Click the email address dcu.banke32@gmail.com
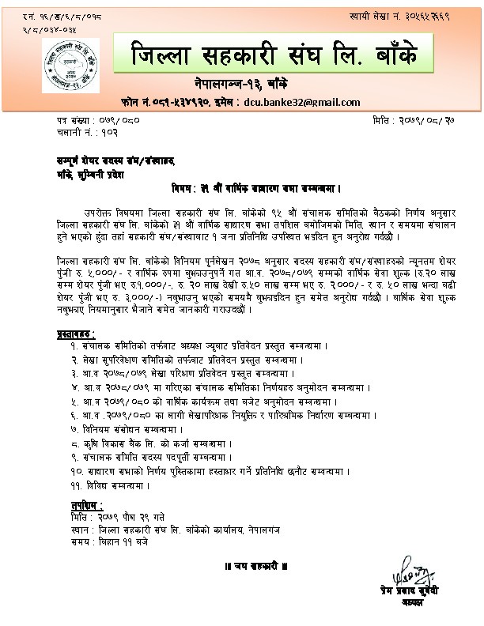(302, 102)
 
